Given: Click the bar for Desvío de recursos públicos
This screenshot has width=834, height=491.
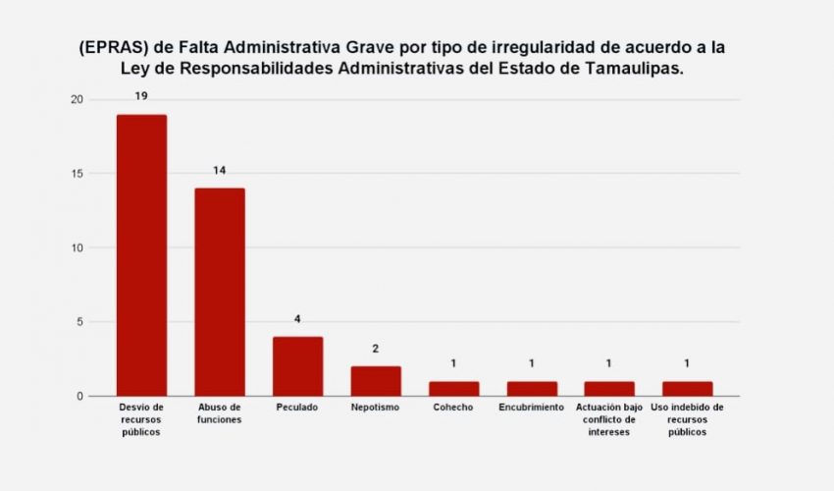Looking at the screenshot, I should coord(141,255).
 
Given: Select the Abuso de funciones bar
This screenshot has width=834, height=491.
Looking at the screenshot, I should coord(220,292).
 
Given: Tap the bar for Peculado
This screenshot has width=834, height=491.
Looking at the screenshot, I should coord(297,366).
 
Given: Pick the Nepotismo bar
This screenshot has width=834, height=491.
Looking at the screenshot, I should coord(376,381).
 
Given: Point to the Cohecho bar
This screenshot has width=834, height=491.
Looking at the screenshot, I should coord(453,389).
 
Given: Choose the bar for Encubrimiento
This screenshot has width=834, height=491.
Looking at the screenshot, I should coord(531,389).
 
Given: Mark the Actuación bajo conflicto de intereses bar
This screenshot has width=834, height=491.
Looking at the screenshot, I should coord(609,389).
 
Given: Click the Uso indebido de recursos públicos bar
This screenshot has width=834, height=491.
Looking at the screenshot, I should coord(687,389).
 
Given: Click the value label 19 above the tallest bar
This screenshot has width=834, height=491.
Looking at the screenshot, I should coord(141,96).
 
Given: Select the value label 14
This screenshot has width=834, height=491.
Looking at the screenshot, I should coord(220,171).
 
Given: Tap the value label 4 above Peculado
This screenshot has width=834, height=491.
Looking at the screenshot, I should coord(297,319).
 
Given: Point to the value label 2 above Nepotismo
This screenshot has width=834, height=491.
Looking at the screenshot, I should coord(376,349).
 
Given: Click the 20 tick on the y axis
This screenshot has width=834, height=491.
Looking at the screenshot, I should coord(77,100).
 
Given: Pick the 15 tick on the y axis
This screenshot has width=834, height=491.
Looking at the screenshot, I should coord(77,174).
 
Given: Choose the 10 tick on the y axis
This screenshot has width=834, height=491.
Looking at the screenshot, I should coord(77,248).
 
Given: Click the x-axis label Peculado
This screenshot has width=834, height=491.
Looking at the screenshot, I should coord(297,408).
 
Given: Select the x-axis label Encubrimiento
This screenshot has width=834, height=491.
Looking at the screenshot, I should coord(531,408).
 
